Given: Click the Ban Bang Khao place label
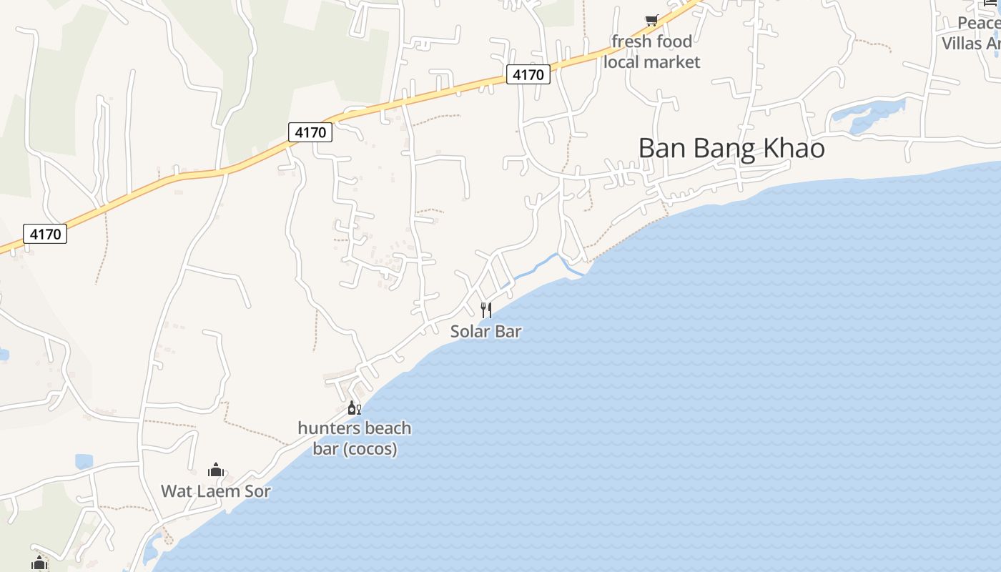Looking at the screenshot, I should coord(731,149).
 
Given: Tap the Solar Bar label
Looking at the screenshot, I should coord(485,331).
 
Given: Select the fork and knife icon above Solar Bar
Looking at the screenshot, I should coord(486,310).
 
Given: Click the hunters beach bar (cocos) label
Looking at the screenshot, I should coord(355,438).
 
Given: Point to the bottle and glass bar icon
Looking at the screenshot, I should coord(354,408).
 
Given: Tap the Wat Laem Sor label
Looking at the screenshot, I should coord(215,491).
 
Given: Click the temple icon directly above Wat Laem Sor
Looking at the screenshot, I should coord(215,470).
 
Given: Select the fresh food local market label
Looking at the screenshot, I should coord(651,51).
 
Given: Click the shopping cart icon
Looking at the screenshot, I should coord(651,21).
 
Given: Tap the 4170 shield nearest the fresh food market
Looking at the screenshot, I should coord(528,74).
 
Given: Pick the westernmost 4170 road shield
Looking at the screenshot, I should coord(45,234).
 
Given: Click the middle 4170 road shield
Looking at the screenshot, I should coord(310,132).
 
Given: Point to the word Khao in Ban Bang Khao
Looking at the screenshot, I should coord(794,149).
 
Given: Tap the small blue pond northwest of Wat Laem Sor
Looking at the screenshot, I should coord(84,462).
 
